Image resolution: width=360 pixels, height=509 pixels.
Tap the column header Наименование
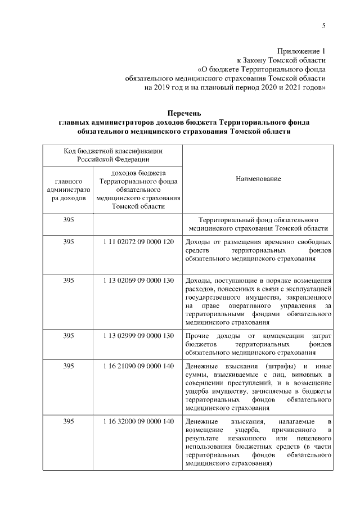[x=258, y=178]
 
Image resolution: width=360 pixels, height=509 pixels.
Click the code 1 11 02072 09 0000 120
[x=138, y=241]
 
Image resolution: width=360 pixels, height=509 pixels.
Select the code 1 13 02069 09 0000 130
[x=138, y=280]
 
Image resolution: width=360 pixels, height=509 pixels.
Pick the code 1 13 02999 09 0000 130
[x=138, y=336]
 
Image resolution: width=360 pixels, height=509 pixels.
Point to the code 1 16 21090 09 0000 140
[x=138, y=366]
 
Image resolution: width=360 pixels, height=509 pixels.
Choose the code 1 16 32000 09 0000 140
[x=138, y=421]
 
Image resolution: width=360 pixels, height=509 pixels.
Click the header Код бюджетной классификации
[x=113, y=150]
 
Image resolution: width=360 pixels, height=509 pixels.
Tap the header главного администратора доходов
[x=69, y=190]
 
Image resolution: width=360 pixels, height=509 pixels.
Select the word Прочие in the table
[x=196, y=336]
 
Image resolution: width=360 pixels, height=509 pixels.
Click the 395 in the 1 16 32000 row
[x=69, y=421]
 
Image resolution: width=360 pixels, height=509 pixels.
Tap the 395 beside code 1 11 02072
[x=69, y=241]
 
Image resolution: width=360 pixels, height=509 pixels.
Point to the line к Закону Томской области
[x=281, y=61]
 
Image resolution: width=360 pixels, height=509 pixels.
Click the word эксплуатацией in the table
[x=308, y=289]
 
